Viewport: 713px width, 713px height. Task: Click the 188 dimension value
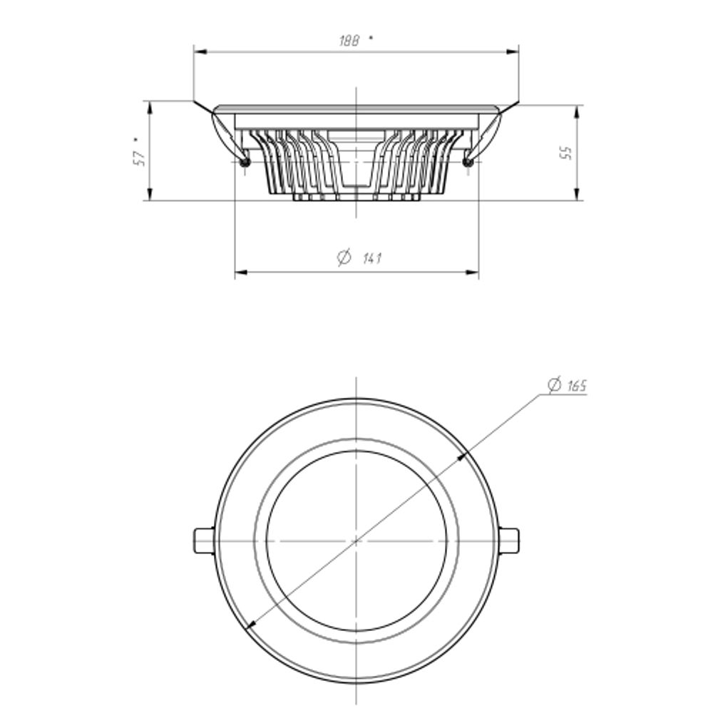[x=349, y=41]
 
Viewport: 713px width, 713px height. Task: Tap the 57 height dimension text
[x=140, y=157]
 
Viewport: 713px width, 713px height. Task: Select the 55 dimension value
[x=565, y=153]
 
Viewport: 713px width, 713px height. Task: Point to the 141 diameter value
[x=372, y=258]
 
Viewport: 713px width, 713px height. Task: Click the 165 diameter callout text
[x=577, y=386]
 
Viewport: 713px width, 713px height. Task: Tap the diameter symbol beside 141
[x=344, y=257]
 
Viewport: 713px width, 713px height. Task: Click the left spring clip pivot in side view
[x=245, y=163]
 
